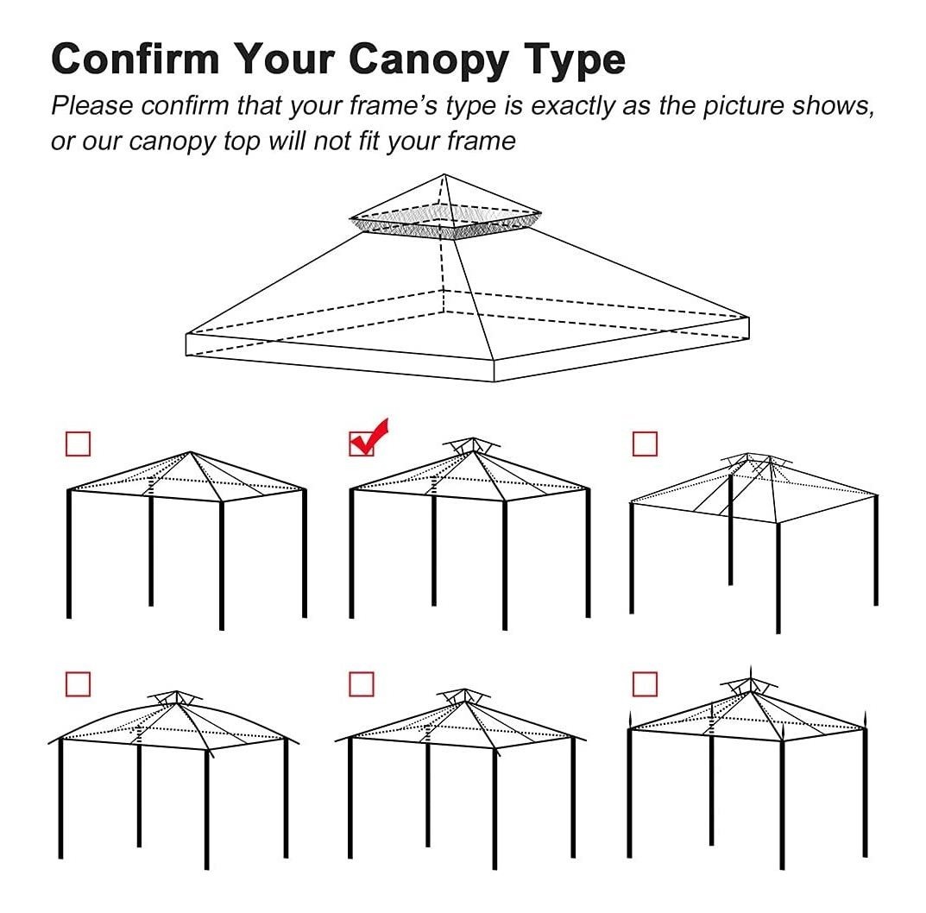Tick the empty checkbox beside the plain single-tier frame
[78, 444]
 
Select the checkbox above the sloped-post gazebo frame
[645, 444]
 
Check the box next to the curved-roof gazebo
[78, 684]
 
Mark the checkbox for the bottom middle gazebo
[362, 684]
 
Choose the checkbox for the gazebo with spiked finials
[645, 684]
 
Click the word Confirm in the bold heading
[135, 59]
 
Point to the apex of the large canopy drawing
[444, 174]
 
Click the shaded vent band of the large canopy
[446, 224]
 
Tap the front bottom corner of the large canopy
[494, 381]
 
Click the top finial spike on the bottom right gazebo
[750, 672]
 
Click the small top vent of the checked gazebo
[472, 445]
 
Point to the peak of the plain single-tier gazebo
[190, 452]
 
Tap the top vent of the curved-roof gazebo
[175, 697]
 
